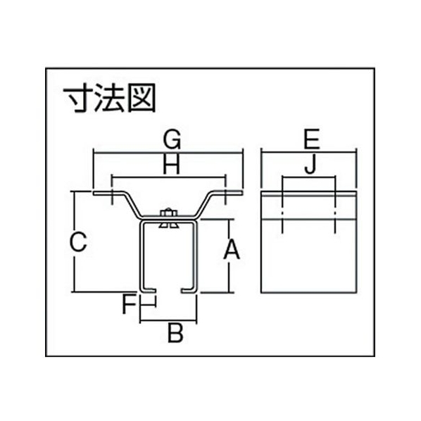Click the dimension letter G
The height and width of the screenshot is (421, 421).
[172, 139]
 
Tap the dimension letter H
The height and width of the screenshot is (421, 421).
[172, 164]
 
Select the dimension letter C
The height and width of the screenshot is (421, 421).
[78, 242]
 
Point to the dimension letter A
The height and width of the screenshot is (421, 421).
[232, 250]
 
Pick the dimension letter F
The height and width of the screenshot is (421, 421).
[129, 306]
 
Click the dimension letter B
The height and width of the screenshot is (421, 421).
[175, 333]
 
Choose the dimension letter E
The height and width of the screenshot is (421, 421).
[312, 139]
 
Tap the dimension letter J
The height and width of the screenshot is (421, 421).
[310, 165]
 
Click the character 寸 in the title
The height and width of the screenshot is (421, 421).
[78, 97]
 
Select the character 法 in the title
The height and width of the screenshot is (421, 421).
[109, 97]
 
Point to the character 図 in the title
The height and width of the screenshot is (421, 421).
[142, 98]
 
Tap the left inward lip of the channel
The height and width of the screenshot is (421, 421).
[149, 291]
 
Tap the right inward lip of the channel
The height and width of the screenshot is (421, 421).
[189, 291]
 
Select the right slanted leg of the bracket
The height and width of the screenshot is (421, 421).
[205, 205]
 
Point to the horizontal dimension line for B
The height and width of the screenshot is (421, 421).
[169, 320]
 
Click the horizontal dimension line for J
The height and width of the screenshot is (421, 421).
[308, 177]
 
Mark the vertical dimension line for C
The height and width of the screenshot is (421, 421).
[73, 241]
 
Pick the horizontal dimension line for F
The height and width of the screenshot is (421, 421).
[149, 305]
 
